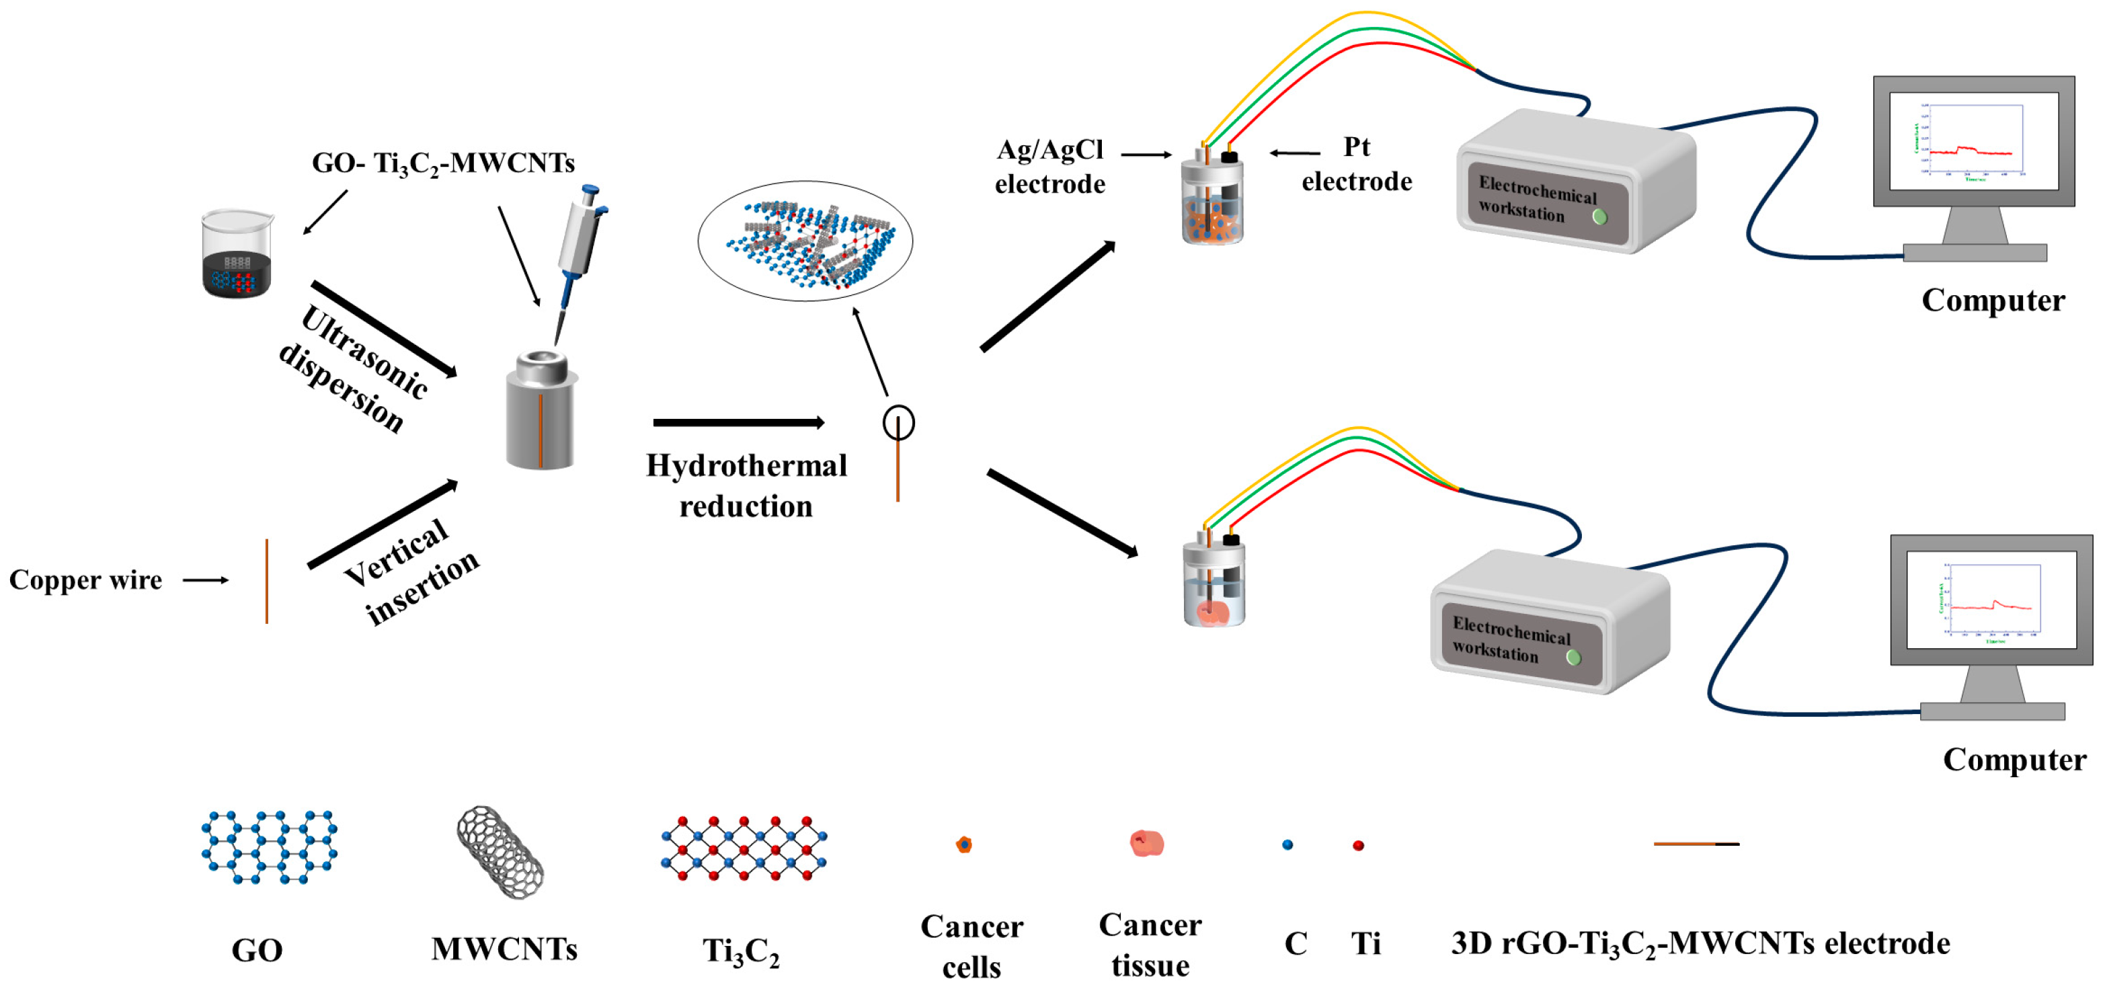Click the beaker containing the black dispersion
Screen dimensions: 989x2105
tap(237, 255)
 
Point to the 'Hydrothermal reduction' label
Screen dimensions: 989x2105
tap(746, 485)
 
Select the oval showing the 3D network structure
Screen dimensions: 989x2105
tap(805, 241)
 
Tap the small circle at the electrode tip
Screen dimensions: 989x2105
tap(898, 423)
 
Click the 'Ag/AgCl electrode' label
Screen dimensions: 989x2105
tap(1049, 167)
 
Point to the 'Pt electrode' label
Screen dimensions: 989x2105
tap(1357, 164)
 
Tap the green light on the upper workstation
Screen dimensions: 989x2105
tap(1599, 217)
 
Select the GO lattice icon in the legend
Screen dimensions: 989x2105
tap(269, 848)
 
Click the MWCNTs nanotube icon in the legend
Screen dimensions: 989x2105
tap(500, 853)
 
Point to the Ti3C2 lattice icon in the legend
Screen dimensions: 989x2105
tap(743, 848)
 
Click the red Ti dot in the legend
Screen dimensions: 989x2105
tap(1358, 845)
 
